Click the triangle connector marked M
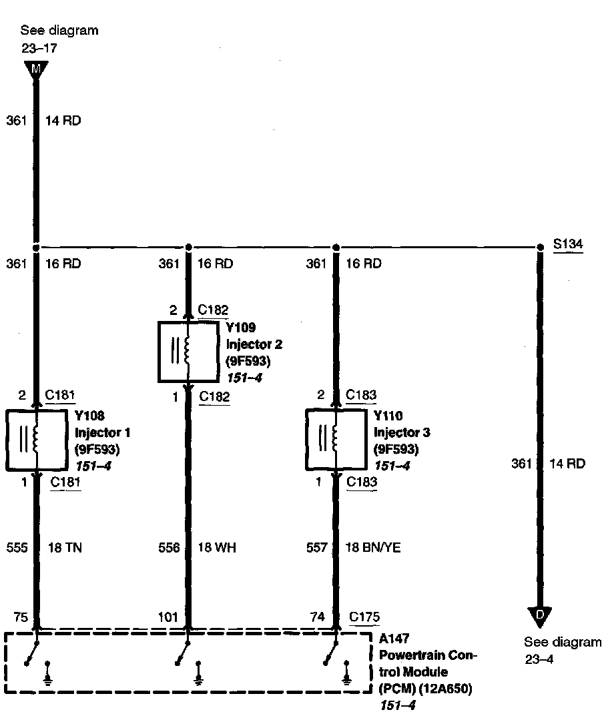point(36,68)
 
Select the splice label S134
point(568,244)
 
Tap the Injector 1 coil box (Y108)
point(36,440)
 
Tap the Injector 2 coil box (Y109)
point(188,352)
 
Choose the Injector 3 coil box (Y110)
point(336,440)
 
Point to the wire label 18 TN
point(65,548)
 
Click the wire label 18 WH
point(217,548)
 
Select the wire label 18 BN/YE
point(373,548)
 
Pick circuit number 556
point(169,548)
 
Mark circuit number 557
point(316,548)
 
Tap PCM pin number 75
point(20,618)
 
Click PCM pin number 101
point(168,618)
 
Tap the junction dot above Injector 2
point(188,247)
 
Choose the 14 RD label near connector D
point(567,463)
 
